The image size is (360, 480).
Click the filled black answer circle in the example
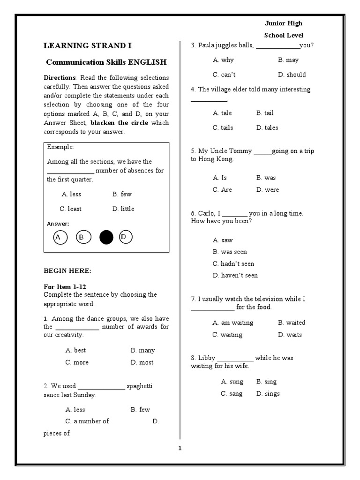click(106, 238)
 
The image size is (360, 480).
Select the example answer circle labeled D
click(126, 238)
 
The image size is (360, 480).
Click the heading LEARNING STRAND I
click(88, 45)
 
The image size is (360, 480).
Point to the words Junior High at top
click(284, 23)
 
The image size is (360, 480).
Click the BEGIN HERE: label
click(67, 271)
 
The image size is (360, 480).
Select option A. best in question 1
click(75, 350)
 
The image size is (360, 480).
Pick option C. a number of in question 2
click(87, 421)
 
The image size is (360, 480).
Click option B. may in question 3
click(288, 60)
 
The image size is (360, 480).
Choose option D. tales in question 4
click(267, 127)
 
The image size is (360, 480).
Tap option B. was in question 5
click(266, 178)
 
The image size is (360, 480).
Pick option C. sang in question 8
click(232, 394)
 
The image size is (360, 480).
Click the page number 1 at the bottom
click(180, 448)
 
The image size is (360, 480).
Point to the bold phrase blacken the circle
click(119, 123)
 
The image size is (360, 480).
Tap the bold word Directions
click(60, 78)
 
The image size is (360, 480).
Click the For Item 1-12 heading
click(65, 286)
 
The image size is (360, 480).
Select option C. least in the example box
click(70, 209)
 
